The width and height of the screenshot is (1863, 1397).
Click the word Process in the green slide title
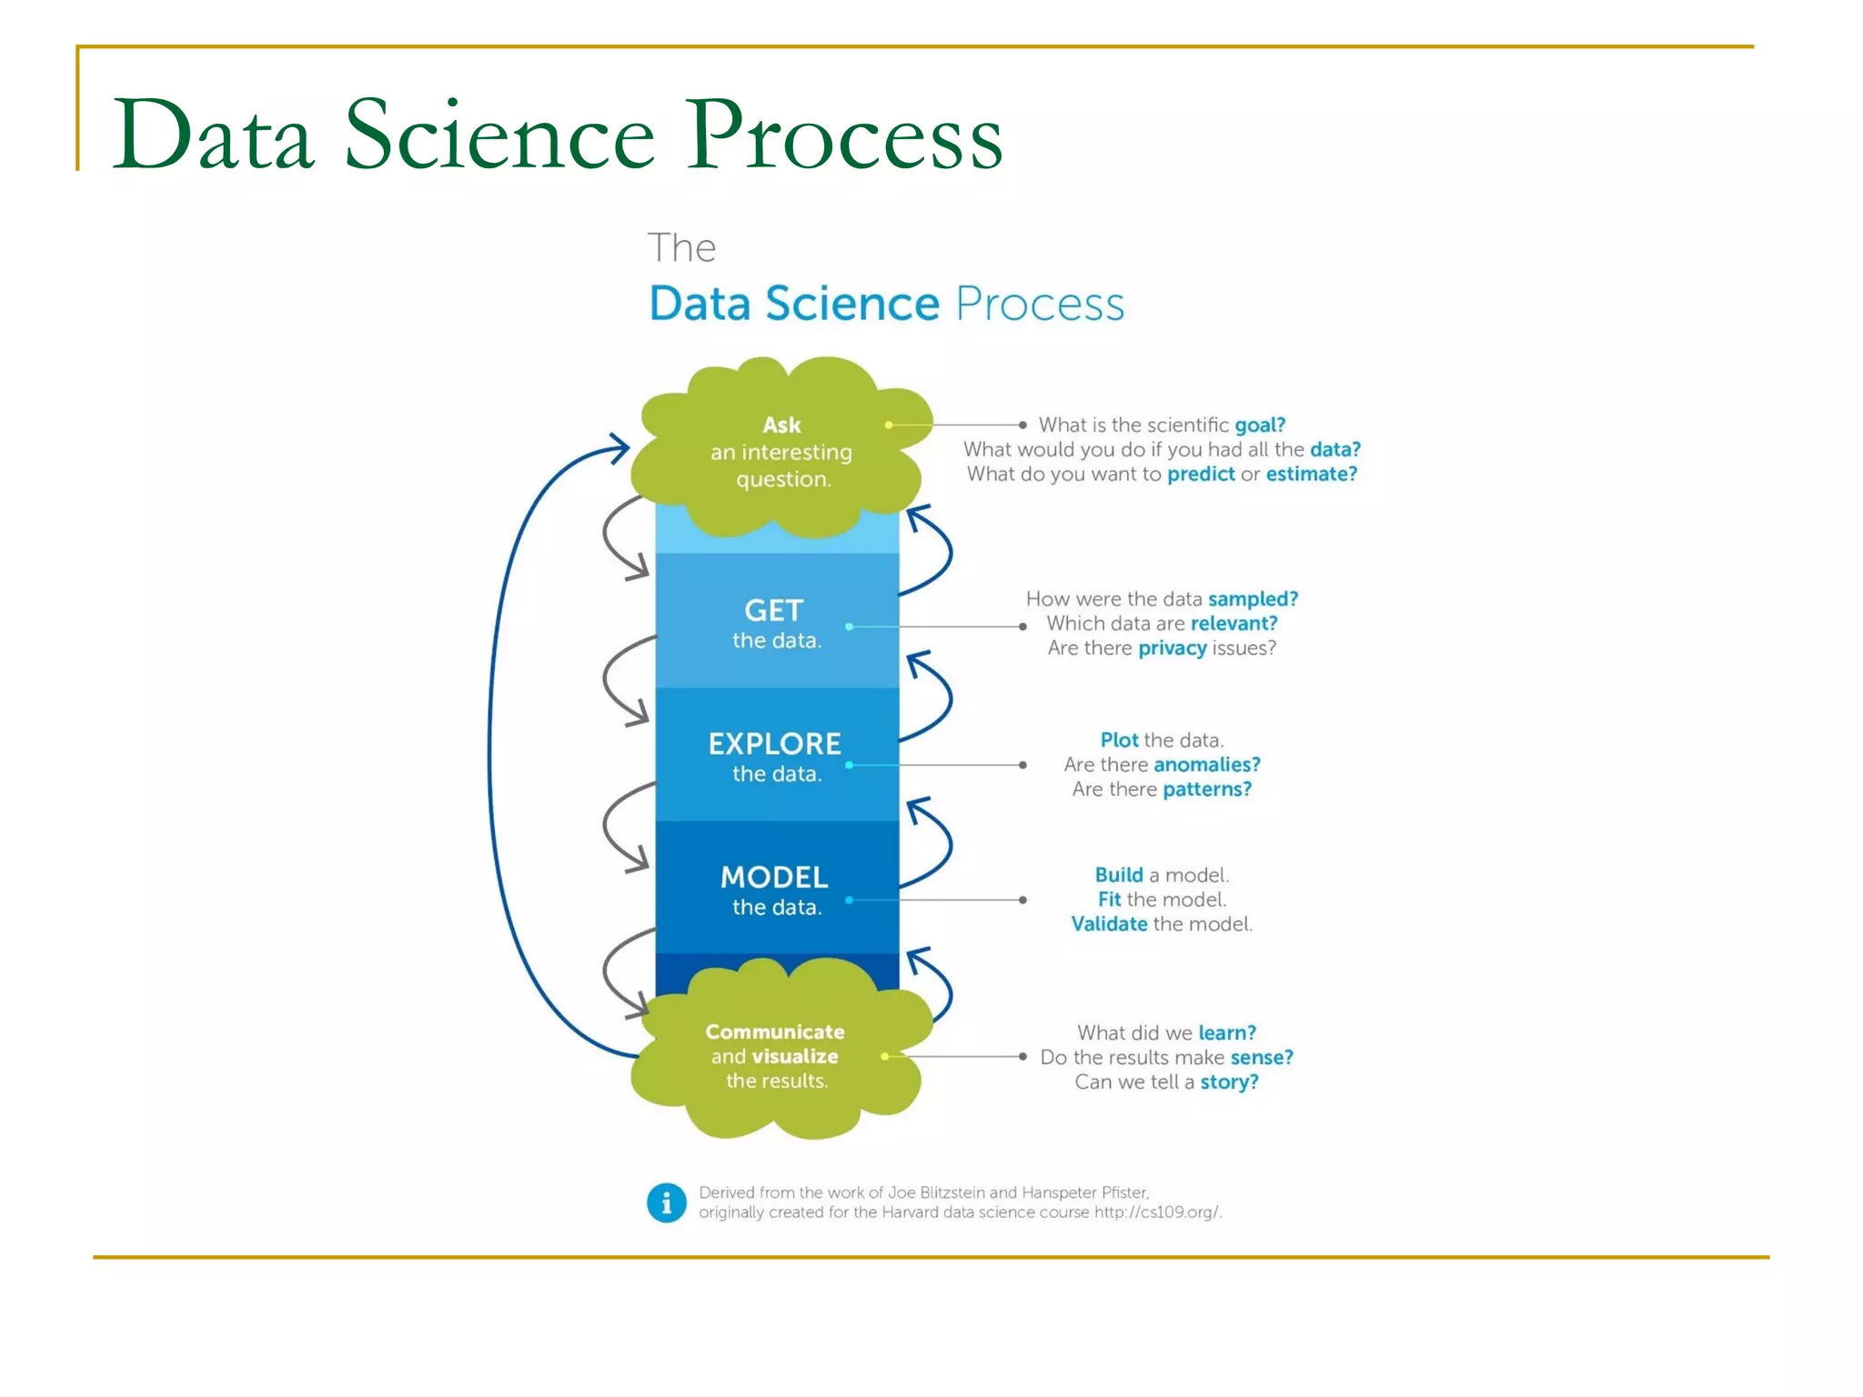click(843, 136)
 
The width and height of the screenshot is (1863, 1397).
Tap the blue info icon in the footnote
click(667, 1202)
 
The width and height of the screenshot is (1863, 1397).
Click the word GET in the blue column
click(774, 610)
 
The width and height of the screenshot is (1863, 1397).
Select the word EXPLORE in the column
click(775, 744)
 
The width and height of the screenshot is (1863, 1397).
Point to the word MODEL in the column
click(774, 878)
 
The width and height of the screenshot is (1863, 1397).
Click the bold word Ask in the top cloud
click(781, 425)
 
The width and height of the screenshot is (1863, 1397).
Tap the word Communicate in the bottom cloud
click(775, 1031)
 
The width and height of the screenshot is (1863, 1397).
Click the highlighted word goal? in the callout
click(1259, 425)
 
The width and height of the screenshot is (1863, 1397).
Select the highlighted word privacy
click(1172, 648)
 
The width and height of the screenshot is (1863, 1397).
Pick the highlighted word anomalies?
click(1206, 765)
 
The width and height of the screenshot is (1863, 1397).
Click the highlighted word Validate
click(1109, 924)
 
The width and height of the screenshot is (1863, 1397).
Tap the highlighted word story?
click(1229, 1082)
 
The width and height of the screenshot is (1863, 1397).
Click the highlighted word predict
click(1201, 474)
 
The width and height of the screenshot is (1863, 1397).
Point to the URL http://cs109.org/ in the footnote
click(1156, 1212)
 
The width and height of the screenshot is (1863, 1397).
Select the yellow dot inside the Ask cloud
click(889, 425)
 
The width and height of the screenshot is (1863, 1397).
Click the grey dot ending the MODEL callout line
click(1023, 900)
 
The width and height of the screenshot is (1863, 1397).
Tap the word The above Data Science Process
click(681, 248)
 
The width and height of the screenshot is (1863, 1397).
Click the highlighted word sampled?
click(1253, 599)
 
